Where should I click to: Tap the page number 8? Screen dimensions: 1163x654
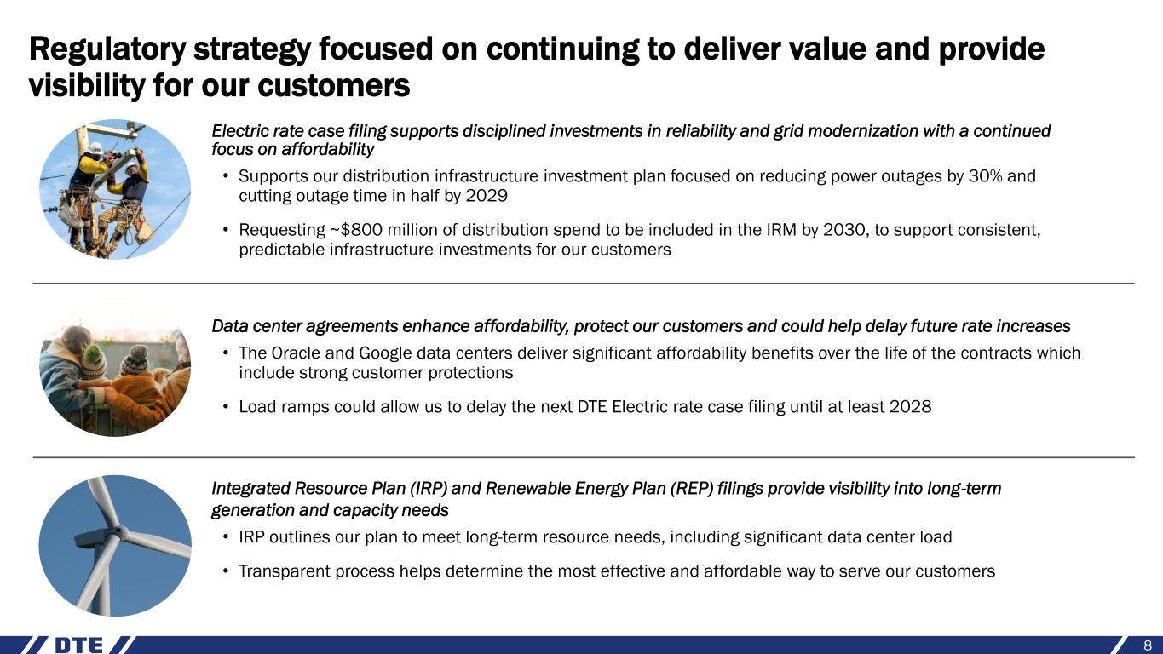tap(1148, 645)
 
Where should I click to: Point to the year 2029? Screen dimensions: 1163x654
tap(487, 196)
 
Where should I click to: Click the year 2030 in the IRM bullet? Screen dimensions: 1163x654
tap(845, 229)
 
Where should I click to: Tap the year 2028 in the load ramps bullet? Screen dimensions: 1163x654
tap(910, 406)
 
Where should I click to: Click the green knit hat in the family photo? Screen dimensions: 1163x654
tap(94, 353)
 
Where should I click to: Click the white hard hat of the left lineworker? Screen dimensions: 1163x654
tap(96, 148)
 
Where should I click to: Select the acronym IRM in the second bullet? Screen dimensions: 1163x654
tap(781, 229)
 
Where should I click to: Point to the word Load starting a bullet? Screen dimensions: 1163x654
tap(257, 406)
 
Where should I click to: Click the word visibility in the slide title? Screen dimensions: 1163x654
tap(87, 86)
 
